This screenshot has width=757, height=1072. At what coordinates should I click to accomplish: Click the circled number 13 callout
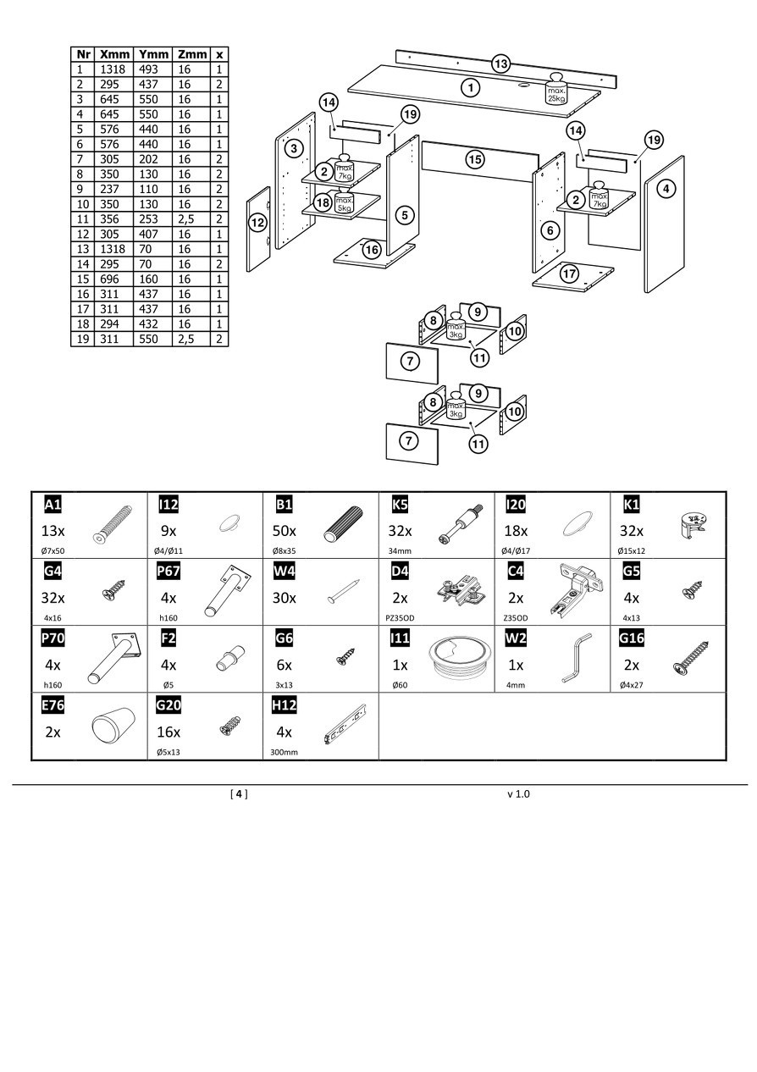pyautogui.click(x=501, y=64)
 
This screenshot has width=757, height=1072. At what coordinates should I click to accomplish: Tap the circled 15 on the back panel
pyautogui.click(x=475, y=158)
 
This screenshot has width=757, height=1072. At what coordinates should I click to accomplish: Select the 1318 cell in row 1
pyautogui.click(x=113, y=69)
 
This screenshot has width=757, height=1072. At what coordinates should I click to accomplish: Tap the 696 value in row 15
pyautogui.click(x=113, y=279)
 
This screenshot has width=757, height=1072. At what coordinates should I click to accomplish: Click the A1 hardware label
pyautogui.click(x=52, y=506)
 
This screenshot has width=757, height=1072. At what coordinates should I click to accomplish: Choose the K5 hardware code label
pyautogui.click(x=400, y=506)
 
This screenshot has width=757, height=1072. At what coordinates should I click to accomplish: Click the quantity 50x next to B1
pyautogui.click(x=285, y=531)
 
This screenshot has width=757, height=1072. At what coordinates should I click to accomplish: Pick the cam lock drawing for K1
pyautogui.click(x=693, y=525)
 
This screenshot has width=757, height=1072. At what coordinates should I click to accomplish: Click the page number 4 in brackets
pyautogui.click(x=240, y=794)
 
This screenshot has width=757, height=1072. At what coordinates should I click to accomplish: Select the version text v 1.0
pyautogui.click(x=519, y=794)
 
